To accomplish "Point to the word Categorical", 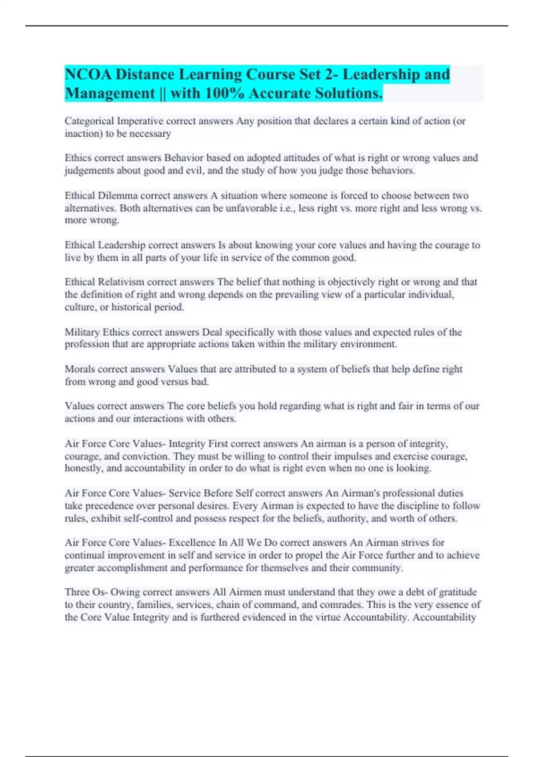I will [89, 121].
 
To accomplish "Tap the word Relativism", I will [121, 282].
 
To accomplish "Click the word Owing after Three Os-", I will [125, 592].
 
